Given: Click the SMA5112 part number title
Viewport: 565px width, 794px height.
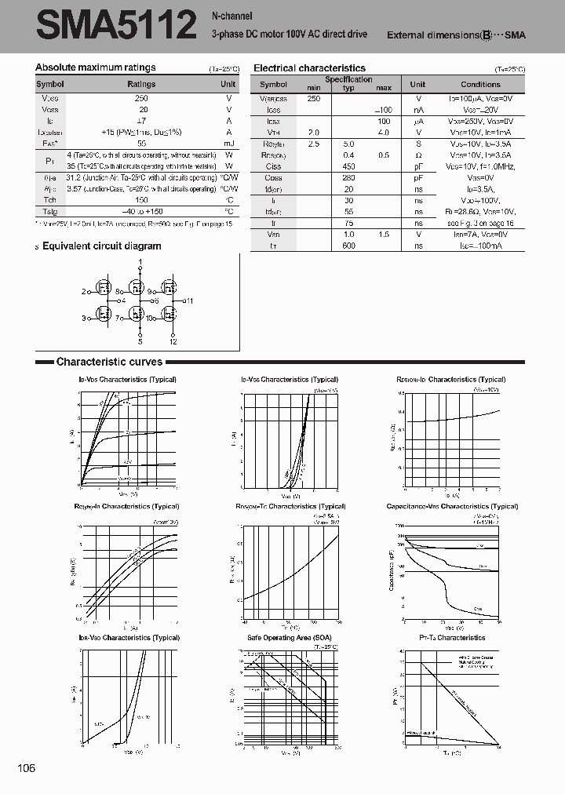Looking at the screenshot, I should [115, 26].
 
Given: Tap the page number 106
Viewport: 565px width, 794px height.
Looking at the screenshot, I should [26, 768].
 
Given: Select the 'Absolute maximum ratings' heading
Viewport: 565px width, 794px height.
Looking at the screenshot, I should [96, 67].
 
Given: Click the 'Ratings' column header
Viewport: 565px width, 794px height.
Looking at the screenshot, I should [141, 84].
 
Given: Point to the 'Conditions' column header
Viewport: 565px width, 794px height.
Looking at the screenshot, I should [480, 84].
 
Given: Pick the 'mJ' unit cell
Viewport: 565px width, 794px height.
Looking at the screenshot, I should [228, 144].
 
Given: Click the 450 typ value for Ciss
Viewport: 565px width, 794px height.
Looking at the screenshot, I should [349, 166].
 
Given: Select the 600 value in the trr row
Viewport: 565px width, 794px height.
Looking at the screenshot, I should [349, 246].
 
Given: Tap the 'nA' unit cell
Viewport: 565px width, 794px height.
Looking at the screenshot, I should [419, 111].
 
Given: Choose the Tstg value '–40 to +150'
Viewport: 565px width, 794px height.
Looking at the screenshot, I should [141, 212].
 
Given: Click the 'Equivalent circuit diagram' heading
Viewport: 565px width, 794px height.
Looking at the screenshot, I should [101, 246].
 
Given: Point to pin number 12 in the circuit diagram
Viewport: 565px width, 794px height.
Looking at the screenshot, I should [173, 342].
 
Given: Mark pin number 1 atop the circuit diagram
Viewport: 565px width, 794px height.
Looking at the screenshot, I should [140, 261].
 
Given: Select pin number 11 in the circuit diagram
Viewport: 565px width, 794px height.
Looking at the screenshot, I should [189, 300].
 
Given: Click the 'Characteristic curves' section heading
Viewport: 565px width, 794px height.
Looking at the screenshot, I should [109, 362].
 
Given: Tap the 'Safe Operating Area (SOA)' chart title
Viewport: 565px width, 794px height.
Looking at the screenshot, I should [290, 637].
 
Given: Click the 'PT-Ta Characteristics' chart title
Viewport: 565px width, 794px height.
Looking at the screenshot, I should [452, 637].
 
